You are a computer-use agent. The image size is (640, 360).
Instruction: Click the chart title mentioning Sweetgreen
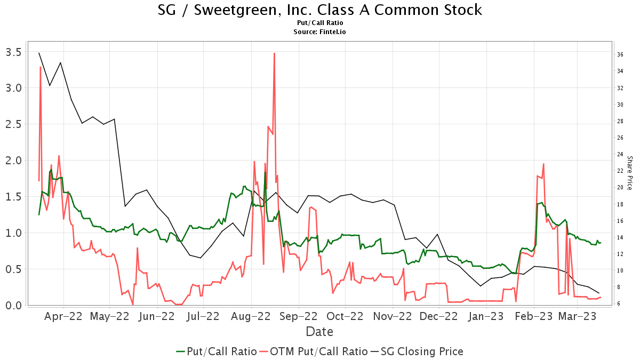point(320,10)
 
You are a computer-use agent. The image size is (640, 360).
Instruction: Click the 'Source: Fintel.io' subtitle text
point(320,32)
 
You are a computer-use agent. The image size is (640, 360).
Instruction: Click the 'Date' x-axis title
point(319,332)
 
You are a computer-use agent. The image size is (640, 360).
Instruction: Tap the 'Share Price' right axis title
point(629,173)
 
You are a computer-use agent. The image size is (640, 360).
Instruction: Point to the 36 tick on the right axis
point(620,54)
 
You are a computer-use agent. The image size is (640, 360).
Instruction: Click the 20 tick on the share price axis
point(620,187)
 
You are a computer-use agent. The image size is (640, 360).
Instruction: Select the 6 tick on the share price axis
point(620,303)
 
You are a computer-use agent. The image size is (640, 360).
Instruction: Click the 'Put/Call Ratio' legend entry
point(216,351)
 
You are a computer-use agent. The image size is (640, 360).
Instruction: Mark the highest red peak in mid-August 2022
point(274,53)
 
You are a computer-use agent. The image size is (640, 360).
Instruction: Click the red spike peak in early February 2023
point(543,164)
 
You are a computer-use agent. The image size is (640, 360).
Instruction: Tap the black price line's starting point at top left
point(39,53)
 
